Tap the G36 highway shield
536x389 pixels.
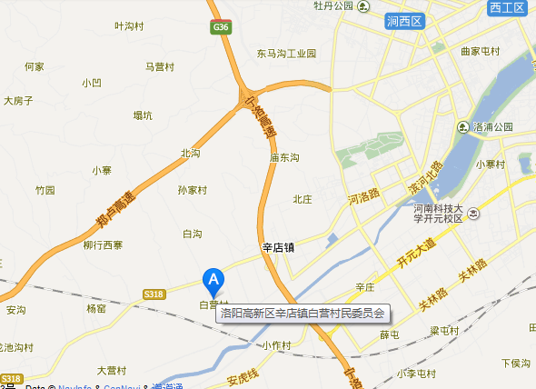coord(220,28)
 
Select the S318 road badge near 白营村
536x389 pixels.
coord(154,294)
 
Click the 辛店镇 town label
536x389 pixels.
coord(278,246)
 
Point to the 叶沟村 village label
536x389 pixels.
coord(129,26)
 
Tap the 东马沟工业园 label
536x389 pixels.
coord(286,54)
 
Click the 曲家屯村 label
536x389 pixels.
coord(481,51)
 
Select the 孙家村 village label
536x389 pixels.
coord(193,190)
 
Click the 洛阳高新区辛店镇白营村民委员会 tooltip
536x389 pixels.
coord(303,314)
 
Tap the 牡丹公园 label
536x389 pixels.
coord(333,5)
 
